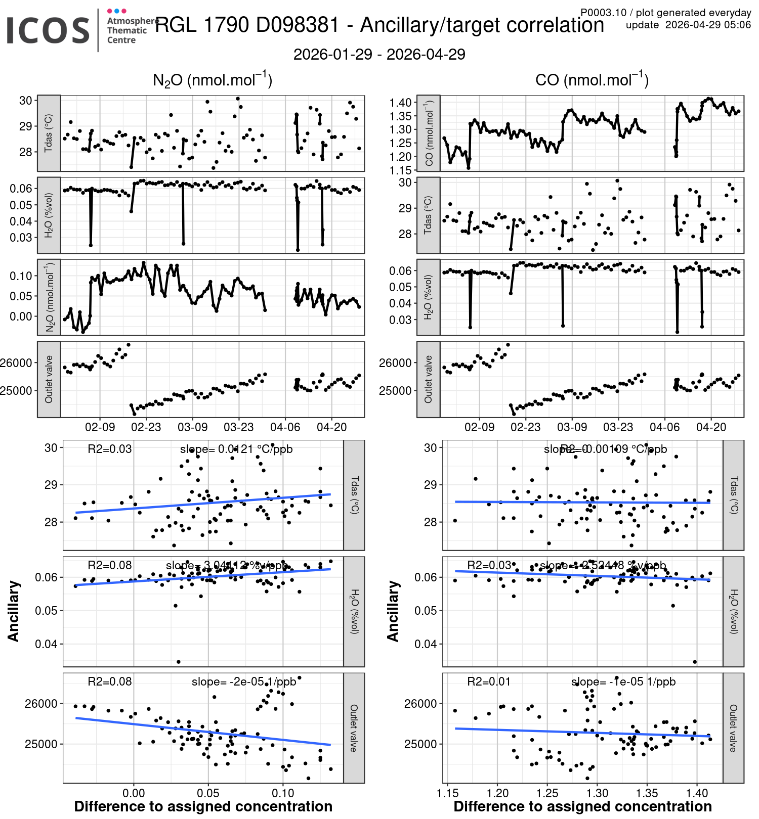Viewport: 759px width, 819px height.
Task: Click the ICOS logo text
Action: tap(48, 30)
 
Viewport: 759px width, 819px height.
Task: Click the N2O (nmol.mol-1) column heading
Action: tap(213, 80)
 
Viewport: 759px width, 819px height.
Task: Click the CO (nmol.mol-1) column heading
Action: tap(592, 80)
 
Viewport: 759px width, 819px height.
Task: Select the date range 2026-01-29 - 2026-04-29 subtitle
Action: tap(379, 55)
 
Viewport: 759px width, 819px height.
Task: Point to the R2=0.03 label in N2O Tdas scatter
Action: tap(109, 449)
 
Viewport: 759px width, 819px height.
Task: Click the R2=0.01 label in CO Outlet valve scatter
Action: tap(489, 681)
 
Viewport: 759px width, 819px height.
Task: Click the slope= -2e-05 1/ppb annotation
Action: tap(244, 681)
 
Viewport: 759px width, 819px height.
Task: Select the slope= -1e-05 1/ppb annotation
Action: tap(623, 681)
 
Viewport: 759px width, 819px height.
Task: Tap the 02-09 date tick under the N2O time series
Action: tap(100, 427)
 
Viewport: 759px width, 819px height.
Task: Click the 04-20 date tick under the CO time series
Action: tap(711, 427)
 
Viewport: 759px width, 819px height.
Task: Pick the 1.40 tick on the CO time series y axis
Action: tap(400, 103)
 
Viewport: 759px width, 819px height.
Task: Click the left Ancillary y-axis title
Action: tap(14, 611)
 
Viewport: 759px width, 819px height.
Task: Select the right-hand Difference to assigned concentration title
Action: tap(582, 806)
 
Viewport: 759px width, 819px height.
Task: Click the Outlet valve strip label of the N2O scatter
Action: tap(354, 728)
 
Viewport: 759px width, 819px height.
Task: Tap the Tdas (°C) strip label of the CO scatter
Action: tap(733, 495)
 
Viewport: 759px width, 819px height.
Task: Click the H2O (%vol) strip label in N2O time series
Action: tap(49, 215)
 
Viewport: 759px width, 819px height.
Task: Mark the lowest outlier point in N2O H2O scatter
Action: tap(178, 662)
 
